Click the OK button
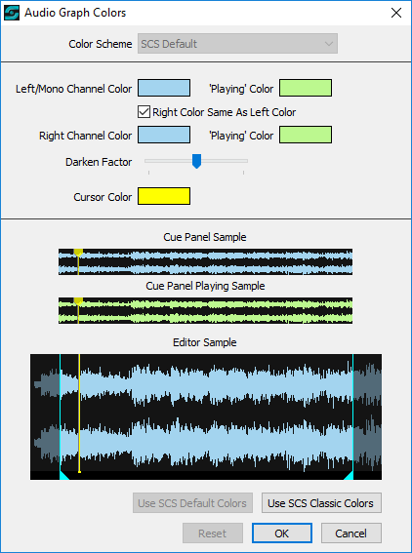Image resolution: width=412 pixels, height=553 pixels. tap(282, 533)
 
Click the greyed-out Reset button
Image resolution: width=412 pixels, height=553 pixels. tap(213, 533)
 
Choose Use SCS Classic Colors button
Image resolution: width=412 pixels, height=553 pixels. tap(321, 503)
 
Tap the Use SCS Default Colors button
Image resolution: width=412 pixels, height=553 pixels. tap(192, 503)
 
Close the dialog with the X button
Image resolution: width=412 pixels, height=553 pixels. tap(396, 13)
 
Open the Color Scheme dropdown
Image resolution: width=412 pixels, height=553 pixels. tap(237, 44)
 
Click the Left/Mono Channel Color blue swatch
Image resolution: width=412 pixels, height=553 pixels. tap(164, 88)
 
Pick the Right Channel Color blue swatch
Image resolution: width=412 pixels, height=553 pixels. tap(164, 135)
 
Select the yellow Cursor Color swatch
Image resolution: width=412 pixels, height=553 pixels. tap(164, 196)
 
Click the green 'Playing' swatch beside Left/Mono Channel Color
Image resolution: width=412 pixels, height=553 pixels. tap(306, 88)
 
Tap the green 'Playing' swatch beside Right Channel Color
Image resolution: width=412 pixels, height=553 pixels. tap(306, 135)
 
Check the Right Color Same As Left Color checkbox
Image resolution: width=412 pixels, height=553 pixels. tap(144, 112)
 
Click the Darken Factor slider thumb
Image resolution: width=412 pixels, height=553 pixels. tap(196, 161)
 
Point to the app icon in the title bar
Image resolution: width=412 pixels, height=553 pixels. tap(12, 13)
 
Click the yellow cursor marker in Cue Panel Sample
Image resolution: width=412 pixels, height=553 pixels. tap(78, 253)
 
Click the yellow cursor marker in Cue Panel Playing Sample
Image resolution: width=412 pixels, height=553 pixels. tap(78, 301)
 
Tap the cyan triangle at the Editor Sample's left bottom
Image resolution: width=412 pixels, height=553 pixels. tap(63, 475)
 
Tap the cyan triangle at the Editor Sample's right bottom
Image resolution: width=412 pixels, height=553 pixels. tap(350, 475)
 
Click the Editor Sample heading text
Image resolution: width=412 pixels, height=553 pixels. tap(205, 342)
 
